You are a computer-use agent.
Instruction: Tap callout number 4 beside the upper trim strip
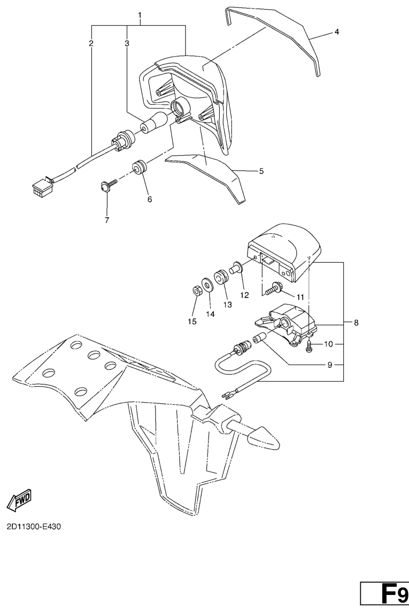pos(336,32)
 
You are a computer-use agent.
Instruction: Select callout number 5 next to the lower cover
pos(261,171)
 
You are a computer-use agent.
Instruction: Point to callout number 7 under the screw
pos(106,220)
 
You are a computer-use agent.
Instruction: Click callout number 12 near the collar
pos(244,295)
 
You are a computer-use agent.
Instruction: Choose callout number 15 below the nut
pos(192,321)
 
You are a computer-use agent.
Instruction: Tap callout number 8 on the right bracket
pos(356,323)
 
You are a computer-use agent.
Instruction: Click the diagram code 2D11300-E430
pos(34,527)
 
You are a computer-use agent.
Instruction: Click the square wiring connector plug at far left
pos(41,186)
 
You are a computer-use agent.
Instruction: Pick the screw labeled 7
pos(108,185)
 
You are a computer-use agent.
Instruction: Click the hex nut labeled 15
pos(197,290)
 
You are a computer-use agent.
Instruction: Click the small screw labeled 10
pos(309,346)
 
